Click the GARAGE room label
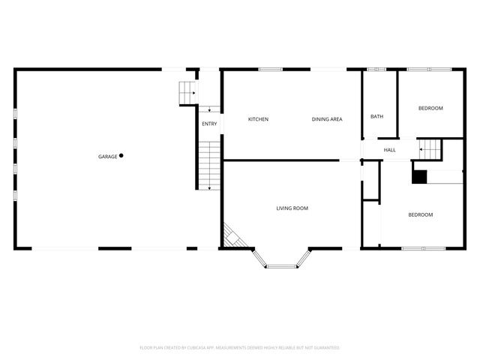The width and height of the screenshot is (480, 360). click(107, 157)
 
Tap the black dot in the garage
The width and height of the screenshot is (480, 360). click(121, 156)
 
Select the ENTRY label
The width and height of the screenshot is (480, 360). click(209, 124)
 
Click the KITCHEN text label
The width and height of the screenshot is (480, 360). click(258, 119)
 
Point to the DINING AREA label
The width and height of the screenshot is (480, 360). click(327, 119)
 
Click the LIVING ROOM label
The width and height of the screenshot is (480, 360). click(292, 208)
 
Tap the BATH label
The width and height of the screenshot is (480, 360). click(376, 116)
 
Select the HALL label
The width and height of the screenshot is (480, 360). click(390, 150)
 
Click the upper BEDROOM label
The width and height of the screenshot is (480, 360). click(430, 108)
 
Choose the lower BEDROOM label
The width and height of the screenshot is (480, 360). click(420, 214)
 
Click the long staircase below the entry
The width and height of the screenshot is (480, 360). click(210, 165)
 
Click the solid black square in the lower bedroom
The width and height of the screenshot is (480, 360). click(418, 176)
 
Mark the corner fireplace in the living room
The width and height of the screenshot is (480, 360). click(232, 238)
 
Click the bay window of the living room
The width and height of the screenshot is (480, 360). click(281, 263)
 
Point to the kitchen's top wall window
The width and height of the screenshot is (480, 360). click(271, 70)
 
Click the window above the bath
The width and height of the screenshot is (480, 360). click(376, 70)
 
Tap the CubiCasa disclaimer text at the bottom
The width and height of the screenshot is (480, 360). click(240, 347)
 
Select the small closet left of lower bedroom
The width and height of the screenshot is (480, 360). click(371, 190)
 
